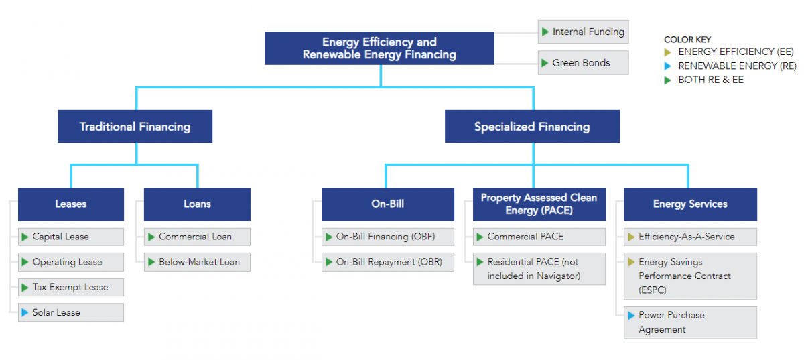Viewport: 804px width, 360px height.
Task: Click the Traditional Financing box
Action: [135, 127]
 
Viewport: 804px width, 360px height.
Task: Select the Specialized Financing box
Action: [532, 127]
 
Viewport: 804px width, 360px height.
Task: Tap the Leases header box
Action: [71, 204]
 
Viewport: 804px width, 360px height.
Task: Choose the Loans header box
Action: [197, 204]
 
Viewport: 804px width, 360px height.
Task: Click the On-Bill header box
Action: [387, 204]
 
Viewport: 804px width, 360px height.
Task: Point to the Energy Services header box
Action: [690, 204]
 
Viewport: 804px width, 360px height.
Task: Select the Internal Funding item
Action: [583, 32]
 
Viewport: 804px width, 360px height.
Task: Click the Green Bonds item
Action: [583, 63]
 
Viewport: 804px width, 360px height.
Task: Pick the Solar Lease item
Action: [71, 312]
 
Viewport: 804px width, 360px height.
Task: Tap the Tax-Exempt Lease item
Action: [71, 287]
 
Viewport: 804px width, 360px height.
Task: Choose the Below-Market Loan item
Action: [197, 261]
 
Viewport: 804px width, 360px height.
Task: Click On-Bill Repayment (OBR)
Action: [387, 261]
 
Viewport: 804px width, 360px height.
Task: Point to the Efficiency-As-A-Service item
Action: [690, 237]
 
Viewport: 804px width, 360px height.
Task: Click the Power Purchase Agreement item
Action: [690, 322]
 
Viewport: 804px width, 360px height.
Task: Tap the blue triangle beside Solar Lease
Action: [25, 312]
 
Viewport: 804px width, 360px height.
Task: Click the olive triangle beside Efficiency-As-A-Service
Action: [631, 237]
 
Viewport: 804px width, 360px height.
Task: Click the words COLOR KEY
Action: [687, 40]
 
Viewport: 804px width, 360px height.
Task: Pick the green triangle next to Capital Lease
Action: [25, 237]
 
